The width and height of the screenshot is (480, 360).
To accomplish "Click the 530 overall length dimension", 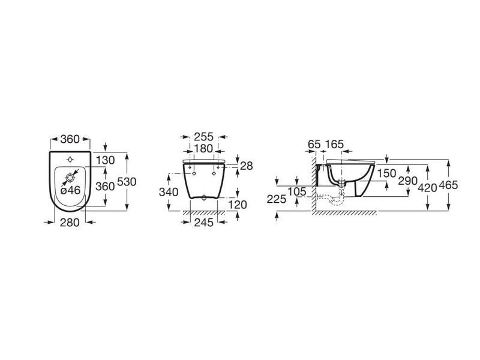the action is pos(127,182).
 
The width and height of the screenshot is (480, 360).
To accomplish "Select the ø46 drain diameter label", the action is pos(70,190).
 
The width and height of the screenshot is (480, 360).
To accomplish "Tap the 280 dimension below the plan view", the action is pos(70,223).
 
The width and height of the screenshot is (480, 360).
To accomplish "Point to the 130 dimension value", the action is pos(106,160).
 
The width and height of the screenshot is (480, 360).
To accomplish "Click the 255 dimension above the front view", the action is pos(203,137).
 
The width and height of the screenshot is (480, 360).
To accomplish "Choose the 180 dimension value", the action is pos(203,148).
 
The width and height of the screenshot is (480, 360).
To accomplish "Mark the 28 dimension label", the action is pos(247,166).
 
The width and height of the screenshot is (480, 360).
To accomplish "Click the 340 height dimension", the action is pos(169,192).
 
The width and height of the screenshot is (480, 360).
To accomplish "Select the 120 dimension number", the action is pos(238,205).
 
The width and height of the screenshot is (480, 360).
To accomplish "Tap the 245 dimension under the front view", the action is pos(204,223).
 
